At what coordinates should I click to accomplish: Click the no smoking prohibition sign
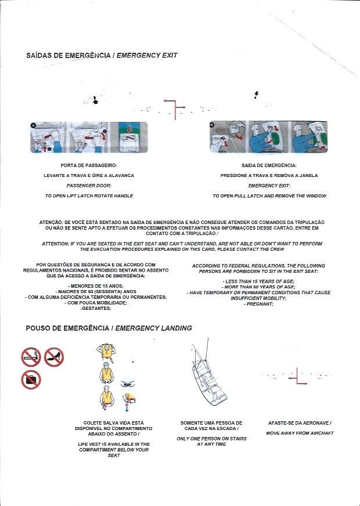click(31, 356)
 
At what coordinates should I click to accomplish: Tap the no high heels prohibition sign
click(54, 356)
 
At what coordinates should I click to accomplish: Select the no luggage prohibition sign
click(31, 379)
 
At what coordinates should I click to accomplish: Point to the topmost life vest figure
click(106, 350)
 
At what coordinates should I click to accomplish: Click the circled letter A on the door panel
click(33, 125)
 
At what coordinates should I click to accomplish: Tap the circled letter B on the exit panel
click(212, 125)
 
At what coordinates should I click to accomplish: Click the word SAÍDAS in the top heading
click(40, 56)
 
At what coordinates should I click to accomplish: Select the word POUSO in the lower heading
click(41, 328)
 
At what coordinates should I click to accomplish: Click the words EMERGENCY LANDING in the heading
click(154, 328)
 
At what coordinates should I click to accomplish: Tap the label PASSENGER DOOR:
click(89, 186)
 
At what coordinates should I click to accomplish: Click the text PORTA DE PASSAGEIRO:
click(89, 165)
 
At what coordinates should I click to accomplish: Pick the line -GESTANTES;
click(95, 309)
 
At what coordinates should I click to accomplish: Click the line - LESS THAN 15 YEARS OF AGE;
click(258, 281)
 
